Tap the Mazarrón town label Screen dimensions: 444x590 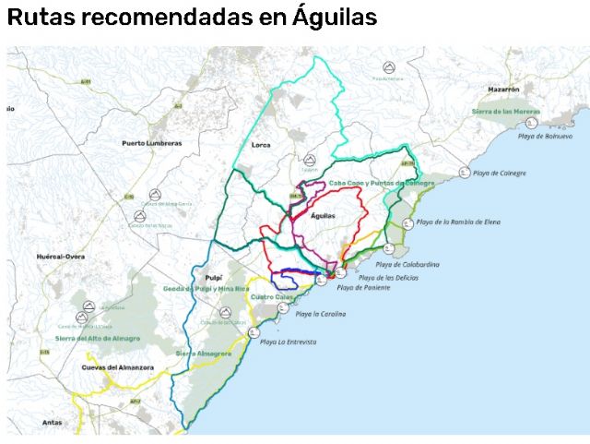[x=503, y=90]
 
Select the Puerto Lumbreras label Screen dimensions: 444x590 [x=152, y=143]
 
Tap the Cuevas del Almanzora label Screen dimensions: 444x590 [x=114, y=367]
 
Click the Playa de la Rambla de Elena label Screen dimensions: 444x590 [x=458, y=222]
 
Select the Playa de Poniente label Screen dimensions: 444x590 [x=363, y=288]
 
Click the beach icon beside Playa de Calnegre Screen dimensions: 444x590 [x=463, y=173]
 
